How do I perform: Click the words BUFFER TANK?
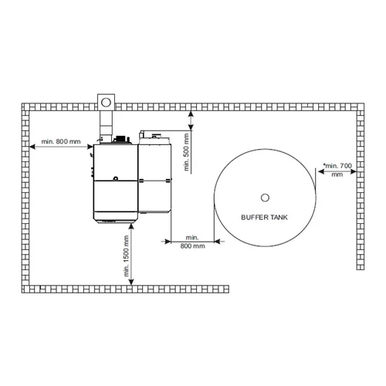tap(265, 217)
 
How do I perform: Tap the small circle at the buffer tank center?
tap(265, 195)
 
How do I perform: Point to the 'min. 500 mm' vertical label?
tap(185, 154)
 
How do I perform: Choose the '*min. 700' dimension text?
tap(337, 165)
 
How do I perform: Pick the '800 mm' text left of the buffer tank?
tap(192, 245)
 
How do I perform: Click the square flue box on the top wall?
tap(105, 100)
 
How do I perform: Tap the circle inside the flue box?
tap(105, 100)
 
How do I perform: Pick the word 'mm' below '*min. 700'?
tap(337, 175)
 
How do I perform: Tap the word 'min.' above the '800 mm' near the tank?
tap(192, 236)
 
